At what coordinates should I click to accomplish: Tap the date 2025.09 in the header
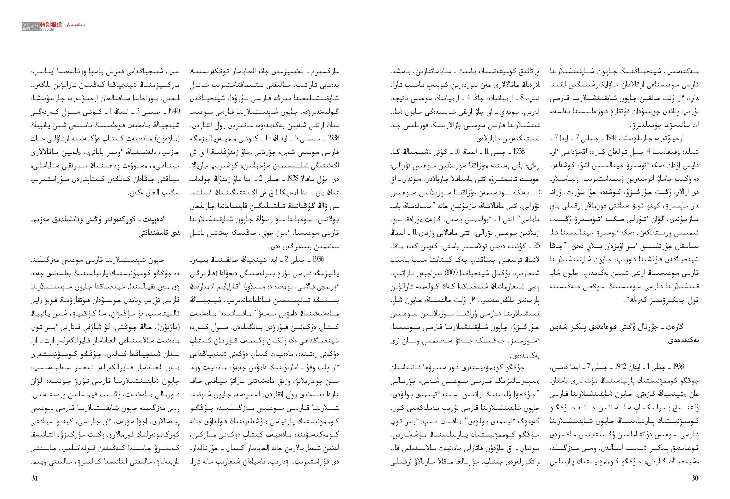click(47, 29)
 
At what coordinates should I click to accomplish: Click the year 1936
click(318, 259)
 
